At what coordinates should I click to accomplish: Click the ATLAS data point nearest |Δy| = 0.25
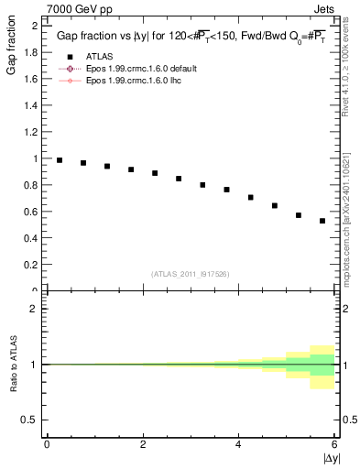pos(60,160)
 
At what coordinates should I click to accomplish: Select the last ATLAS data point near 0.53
pos(322,221)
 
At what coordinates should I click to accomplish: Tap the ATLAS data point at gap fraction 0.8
pos(202,185)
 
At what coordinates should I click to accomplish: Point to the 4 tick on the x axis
pos(239,444)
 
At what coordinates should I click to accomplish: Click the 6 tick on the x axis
pos(335,444)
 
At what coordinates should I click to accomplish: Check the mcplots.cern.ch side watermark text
pos(349,229)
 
